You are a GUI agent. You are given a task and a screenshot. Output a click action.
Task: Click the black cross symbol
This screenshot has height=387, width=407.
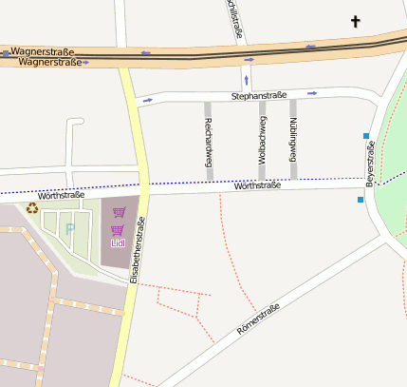click(x=356, y=21)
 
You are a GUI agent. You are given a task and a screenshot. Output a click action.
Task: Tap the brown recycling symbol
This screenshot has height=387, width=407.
click(x=32, y=207)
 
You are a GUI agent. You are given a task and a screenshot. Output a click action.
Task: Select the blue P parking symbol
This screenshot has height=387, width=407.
click(x=69, y=228)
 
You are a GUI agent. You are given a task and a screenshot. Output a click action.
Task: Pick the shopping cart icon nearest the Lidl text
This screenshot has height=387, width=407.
click(x=118, y=230)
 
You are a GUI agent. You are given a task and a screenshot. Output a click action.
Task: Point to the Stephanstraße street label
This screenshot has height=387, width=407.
click(x=258, y=97)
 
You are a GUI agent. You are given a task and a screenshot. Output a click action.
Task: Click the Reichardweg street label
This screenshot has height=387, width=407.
click(x=208, y=148)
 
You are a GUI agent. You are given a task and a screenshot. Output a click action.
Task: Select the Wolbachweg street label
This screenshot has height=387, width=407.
click(x=262, y=142)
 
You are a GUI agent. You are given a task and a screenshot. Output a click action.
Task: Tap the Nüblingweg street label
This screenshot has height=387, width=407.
click(x=293, y=138)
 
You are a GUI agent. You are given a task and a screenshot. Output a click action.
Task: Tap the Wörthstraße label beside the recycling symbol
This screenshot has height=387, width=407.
click(x=61, y=195)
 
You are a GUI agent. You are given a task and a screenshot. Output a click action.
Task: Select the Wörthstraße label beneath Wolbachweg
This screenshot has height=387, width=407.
click(x=256, y=185)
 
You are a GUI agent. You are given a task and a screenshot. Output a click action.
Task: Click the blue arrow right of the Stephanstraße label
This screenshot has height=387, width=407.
click(x=311, y=93)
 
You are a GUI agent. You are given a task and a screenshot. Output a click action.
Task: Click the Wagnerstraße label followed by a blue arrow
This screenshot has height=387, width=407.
click(x=49, y=62)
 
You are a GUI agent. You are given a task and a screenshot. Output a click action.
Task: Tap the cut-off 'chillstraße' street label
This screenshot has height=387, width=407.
click(x=236, y=20)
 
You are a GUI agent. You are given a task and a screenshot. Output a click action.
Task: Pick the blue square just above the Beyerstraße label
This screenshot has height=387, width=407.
click(x=366, y=136)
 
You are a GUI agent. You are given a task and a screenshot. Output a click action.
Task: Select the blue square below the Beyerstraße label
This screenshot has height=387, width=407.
click(x=361, y=200)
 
